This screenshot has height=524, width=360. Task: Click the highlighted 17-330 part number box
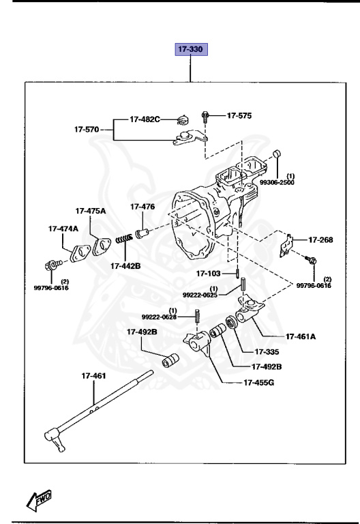point(191,50)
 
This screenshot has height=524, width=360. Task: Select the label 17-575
point(239,116)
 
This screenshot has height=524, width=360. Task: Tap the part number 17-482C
point(145,119)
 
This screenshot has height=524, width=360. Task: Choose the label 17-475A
point(91,211)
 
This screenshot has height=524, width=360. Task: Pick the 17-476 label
point(142,207)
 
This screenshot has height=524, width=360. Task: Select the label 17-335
point(268,352)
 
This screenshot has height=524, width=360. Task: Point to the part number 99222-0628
point(159,317)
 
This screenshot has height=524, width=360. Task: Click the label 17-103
point(210,274)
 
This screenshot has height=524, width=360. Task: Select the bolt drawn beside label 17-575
point(205,117)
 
